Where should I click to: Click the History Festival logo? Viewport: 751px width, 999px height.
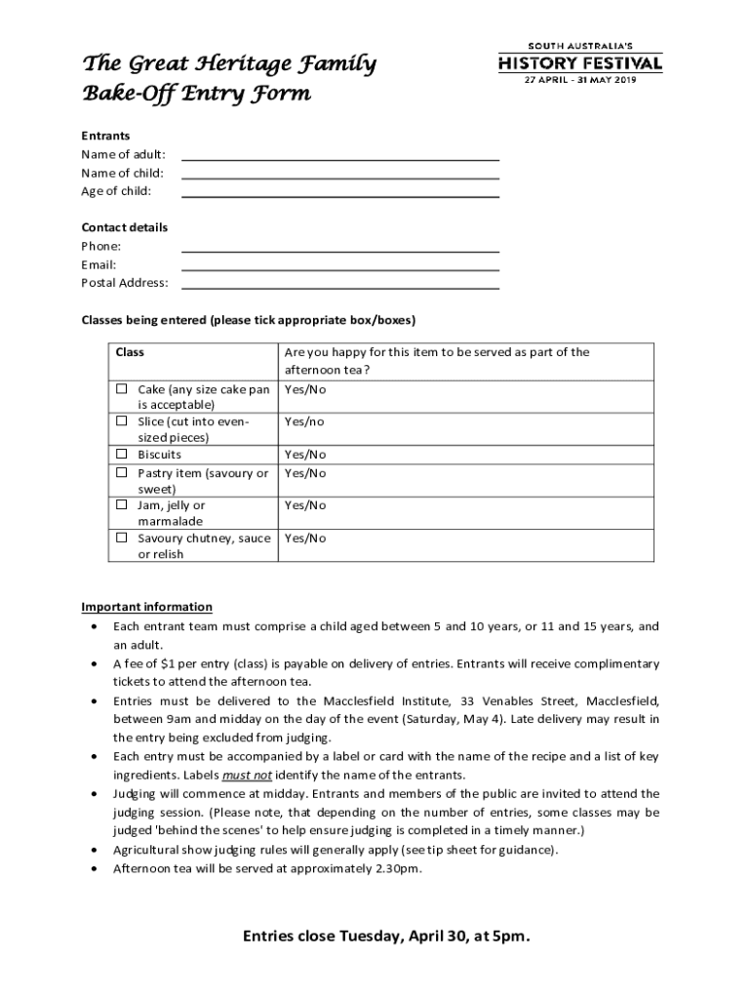[x=580, y=63]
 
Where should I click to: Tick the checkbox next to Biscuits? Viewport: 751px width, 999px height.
[x=122, y=455]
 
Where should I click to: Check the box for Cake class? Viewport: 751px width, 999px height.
[x=122, y=389]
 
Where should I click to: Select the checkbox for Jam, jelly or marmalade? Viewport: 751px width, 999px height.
[x=122, y=505]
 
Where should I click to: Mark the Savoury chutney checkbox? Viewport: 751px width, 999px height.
[x=122, y=538]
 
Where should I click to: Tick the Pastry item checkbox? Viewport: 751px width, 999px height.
[x=122, y=473]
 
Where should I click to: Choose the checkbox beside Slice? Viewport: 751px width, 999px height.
[x=122, y=421]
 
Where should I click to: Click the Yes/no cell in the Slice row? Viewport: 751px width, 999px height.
[x=304, y=422]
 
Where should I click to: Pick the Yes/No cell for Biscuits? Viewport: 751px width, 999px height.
[x=305, y=455]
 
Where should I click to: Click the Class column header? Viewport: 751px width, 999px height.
[x=130, y=352]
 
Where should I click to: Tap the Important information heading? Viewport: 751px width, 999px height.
[x=146, y=607]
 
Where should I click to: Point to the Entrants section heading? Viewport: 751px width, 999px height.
[x=105, y=136]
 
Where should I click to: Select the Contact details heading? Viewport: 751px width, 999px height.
[x=124, y=227]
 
